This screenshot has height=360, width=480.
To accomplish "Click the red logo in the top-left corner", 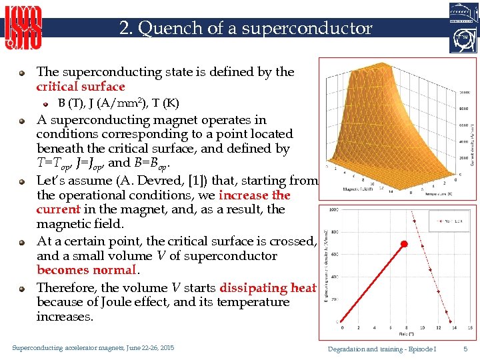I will tap(23, 27).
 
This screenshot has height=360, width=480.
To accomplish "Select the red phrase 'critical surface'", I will tap(81, 87).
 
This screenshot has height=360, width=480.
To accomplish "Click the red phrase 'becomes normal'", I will tap(87, 270).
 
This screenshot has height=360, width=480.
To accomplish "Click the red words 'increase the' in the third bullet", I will tap(254, 195).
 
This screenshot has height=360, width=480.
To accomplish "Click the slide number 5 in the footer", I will tap(465, 349).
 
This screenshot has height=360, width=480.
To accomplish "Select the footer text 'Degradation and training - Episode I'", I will tap(382, 349).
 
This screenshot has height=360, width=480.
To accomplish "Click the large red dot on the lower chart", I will tap(403, 245).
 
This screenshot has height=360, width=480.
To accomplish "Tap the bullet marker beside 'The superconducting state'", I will tap(23, 73).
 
